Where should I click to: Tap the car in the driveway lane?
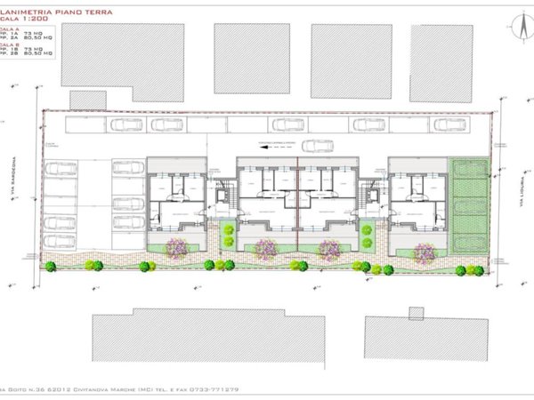pyautogui.click(x=317, y=146)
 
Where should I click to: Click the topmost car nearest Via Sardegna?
pyautogui.click(x=61, y=167)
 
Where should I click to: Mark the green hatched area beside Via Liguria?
pyautogui.click(x=470, y=206)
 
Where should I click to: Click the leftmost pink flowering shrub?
pyautogui.click(x=176, y=249)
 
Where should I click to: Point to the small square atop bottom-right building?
pyautogui.click(x=416, y=313)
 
